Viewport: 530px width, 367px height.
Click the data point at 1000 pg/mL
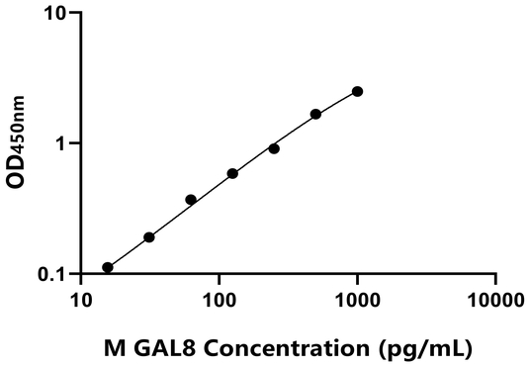[357, 91]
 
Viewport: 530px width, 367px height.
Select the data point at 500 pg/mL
[315, 114]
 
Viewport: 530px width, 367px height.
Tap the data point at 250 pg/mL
[274, 148]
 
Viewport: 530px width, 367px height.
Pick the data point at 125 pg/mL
[232, 173]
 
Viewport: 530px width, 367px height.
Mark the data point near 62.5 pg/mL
[191, 200]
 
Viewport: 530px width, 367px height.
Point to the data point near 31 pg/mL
[149, 237]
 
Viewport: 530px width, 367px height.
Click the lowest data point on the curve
[108, 267]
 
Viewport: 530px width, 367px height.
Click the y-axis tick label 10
[56, 14]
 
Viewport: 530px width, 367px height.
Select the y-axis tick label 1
[61, 143]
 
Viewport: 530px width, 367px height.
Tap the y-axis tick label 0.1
[53, 274]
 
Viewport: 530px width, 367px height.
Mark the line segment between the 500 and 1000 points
[336, 102]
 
